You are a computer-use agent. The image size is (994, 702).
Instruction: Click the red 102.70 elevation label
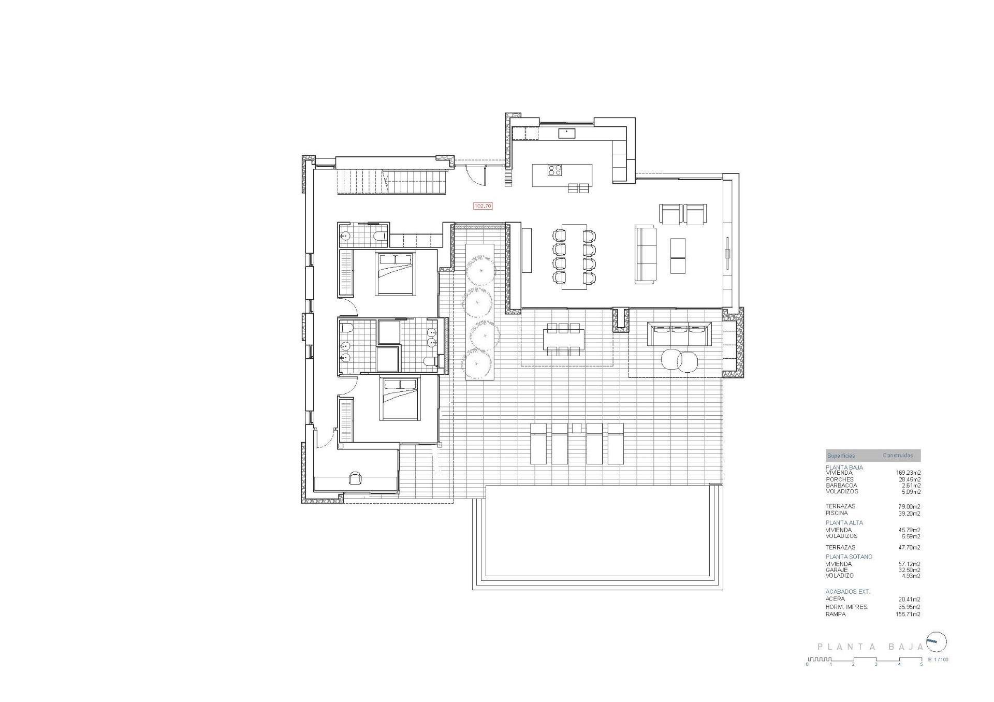pyautogui.click(x=483, y=206)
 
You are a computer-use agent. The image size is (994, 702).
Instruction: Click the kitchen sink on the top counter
pyautogui.click(x=567, y=133)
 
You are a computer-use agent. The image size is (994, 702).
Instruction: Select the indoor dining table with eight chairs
pyautogui.click(x=574, y=257)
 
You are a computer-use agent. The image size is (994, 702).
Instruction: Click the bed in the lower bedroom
pyautogui.click(x=399, y=398)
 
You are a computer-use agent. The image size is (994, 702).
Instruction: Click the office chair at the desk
pyautogui.click(x=355, y=477)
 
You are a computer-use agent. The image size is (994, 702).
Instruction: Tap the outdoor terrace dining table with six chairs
pyautogui.click(x=563, y=339)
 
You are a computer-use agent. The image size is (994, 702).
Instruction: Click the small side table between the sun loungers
pyautogui.click(x=576, y=428)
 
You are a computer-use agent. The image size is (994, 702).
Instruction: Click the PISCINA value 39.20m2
pyautogui.click(x=909, y=514)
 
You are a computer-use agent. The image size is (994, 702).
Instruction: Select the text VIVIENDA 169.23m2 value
pyautogui.click(x=908, y=473)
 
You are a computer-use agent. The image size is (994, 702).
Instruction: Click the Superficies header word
pyautogui.click(x=841, y=456)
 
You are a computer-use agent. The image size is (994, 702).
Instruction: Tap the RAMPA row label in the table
pyautogui.click(x=836, y=614)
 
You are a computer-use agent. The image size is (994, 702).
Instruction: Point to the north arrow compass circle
pyautogui.click(x=936, y=642)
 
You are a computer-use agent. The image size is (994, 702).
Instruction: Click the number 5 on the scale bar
pyautogui.click(x=921, y=664)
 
